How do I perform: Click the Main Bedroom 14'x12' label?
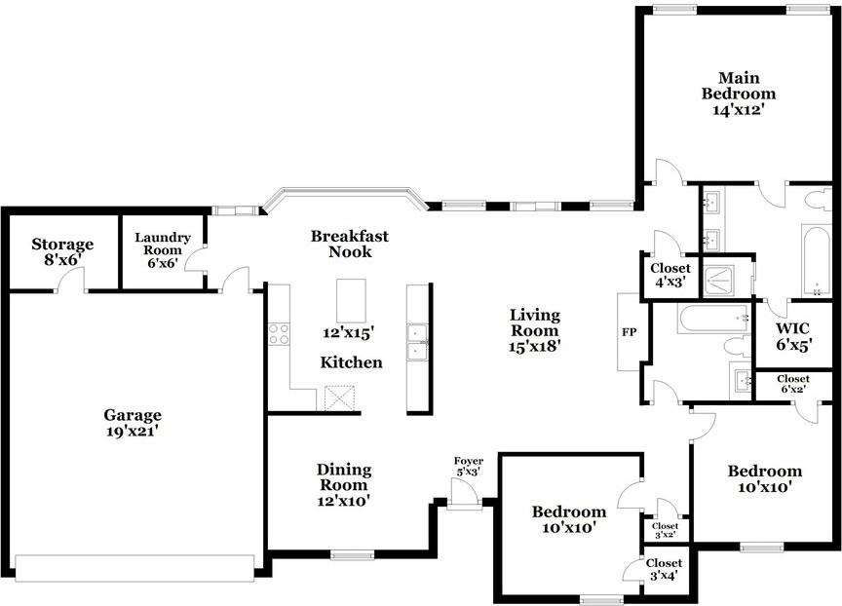coord(738,94)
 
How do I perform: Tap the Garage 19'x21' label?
coord(134,422)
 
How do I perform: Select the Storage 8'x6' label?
coord(62,251)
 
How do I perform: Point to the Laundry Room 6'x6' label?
coord(162,250)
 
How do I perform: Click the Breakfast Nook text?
coord(349,244)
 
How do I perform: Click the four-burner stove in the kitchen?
coord(279,333)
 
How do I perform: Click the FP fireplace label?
coord(629,332)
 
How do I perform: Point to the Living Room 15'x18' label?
coord(535,329)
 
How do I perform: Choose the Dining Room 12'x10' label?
coord(343,484)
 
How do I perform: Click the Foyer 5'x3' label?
coord(469,467)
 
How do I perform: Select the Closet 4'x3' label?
coord(670,275)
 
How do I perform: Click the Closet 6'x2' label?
coord(792,384)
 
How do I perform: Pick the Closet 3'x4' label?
coord(664,569)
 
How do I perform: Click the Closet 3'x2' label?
coord(665,530)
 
